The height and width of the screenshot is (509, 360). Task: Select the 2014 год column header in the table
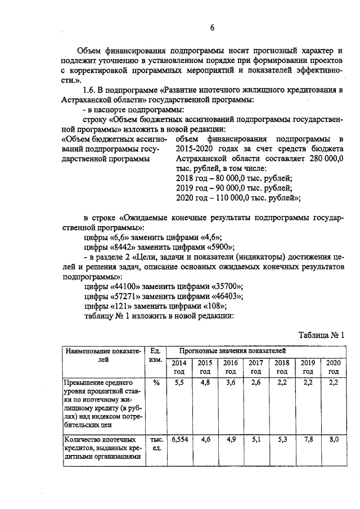(178, 367)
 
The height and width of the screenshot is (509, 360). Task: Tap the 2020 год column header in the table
(333, 367)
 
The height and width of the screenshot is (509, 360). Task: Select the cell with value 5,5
(178, 383)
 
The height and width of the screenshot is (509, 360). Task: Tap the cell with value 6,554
(178, 439)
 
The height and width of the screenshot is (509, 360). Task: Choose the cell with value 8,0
(333, 439)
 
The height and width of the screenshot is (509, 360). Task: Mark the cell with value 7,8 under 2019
(308, 439)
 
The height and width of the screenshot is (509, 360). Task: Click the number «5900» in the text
(219, 247)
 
